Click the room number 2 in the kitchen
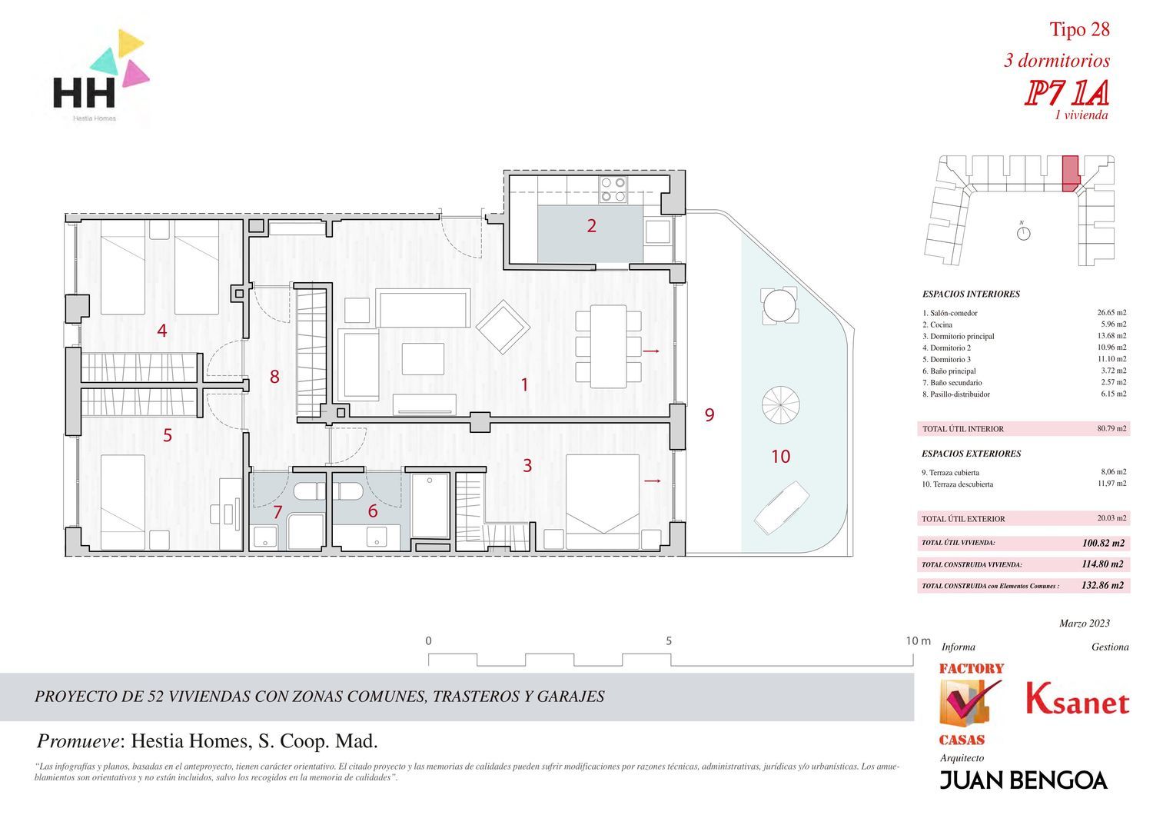point(591,225)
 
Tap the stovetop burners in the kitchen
point(613,189)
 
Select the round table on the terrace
point(779,305)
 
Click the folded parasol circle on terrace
point(780,405)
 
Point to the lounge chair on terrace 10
point(782,507)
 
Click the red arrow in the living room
point(651,351)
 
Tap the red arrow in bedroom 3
point(653,481)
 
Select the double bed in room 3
point(603,501)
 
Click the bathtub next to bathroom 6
point(430,506)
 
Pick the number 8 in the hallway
point(274,376)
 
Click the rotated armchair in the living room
point(503,327)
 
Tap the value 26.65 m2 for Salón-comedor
point(1111,312)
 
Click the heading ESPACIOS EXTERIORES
point(972,454)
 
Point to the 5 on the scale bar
point(669,641)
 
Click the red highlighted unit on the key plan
point(1071,174)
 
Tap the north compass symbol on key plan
point(1024,233)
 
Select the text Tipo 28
point(1080,29)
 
